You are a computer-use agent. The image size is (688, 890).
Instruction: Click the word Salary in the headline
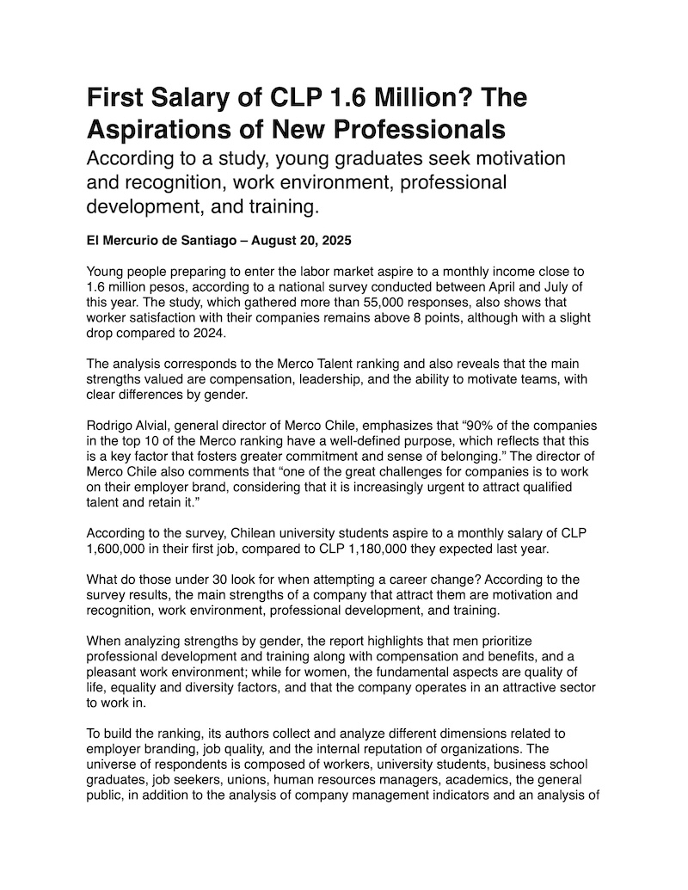190,98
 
